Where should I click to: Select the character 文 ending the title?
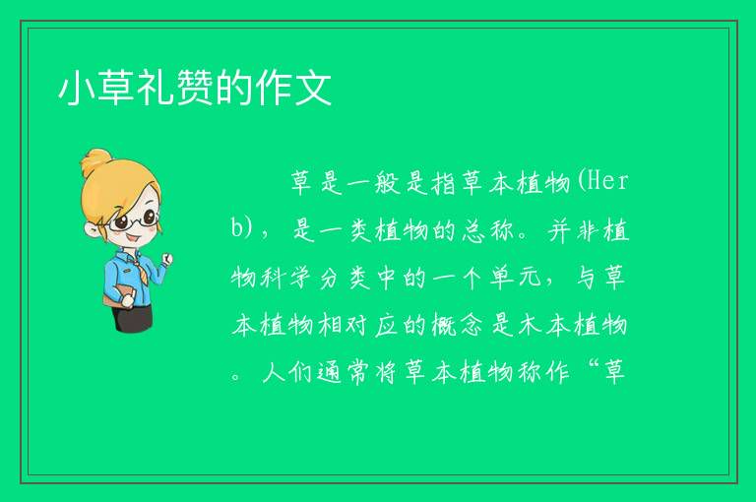(314, 88)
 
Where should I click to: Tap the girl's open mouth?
(133, 239)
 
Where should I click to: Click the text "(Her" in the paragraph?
(602, 182)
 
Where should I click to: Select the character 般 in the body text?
(387, 183)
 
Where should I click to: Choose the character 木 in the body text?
(530, 326)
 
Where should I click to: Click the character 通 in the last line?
(331, 372)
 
